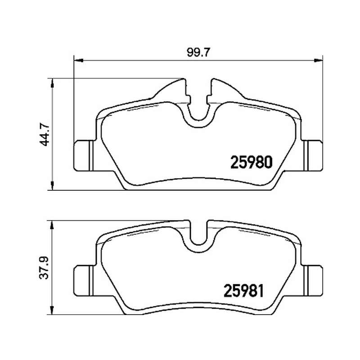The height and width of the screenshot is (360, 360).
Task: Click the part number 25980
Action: (x=252, y=162)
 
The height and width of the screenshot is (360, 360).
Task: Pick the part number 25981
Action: (x=243, y=291)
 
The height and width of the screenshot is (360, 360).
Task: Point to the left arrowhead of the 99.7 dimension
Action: (x=78, y=60)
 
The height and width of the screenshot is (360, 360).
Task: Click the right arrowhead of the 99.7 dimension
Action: (x=319, y=60)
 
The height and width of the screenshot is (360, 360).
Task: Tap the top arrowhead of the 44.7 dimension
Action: (x=53, y=83)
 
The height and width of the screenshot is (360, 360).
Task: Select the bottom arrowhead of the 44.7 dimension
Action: (x=53, y=185)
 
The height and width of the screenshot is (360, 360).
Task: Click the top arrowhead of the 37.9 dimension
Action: (x=53, y=225)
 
